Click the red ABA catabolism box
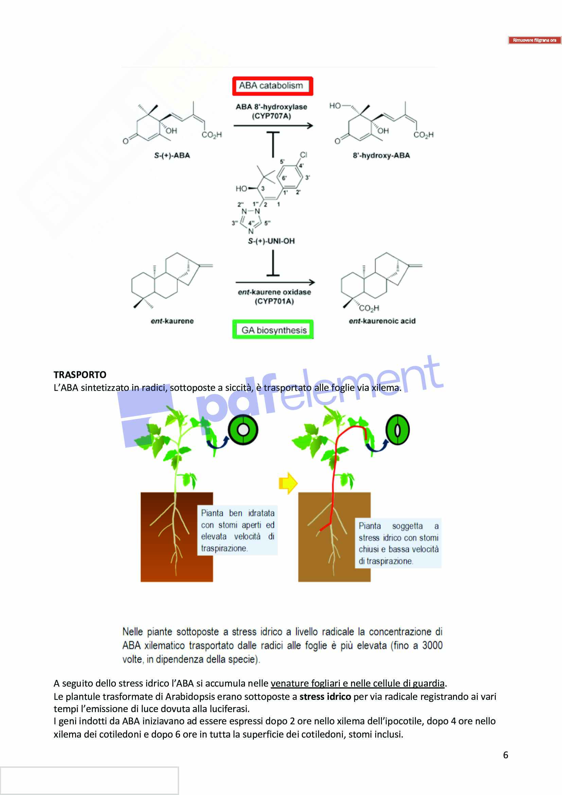coord(273,86)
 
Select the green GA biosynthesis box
coord(273,329)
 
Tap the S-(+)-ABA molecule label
coord(172,155)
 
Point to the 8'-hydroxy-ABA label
coord(381,155)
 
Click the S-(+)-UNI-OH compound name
coord(271,241)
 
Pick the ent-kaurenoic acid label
coord(382,321)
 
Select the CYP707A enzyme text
coord(271,116)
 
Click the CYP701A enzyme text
coord(274,301)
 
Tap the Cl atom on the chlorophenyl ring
coord(303,155)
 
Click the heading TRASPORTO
coord(80,375)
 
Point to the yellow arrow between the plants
coord(287,483)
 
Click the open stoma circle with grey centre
coord(243,430)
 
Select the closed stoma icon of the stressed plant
coord(398,430)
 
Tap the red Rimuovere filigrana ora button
coord(534,40)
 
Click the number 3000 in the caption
coord(432,645)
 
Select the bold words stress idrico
coord(325,696)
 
